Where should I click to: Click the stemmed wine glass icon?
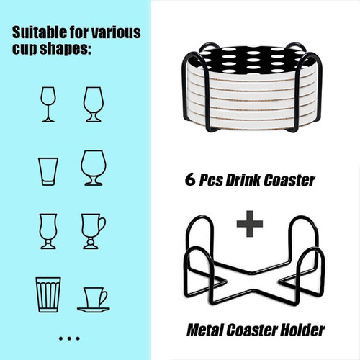(x=48, y=104)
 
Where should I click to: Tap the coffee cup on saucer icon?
(x=93, y=300)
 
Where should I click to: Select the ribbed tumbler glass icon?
(x=48, y=294)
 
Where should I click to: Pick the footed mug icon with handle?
(x=93, y=231)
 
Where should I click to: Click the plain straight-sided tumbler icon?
(x=48, y=171)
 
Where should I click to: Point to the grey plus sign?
(x=250, y=224)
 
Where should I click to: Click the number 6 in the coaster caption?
(x=190, y=179)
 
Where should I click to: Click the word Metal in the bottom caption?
(x=206, y=330)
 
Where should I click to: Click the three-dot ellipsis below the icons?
(x=69, y=338)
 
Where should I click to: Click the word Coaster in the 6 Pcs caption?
(x=289, y=180)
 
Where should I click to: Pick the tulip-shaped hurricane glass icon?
(x=48, y=231)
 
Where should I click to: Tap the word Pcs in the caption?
(x=210, y=181)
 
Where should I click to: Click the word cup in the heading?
(x=24, y=50)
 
